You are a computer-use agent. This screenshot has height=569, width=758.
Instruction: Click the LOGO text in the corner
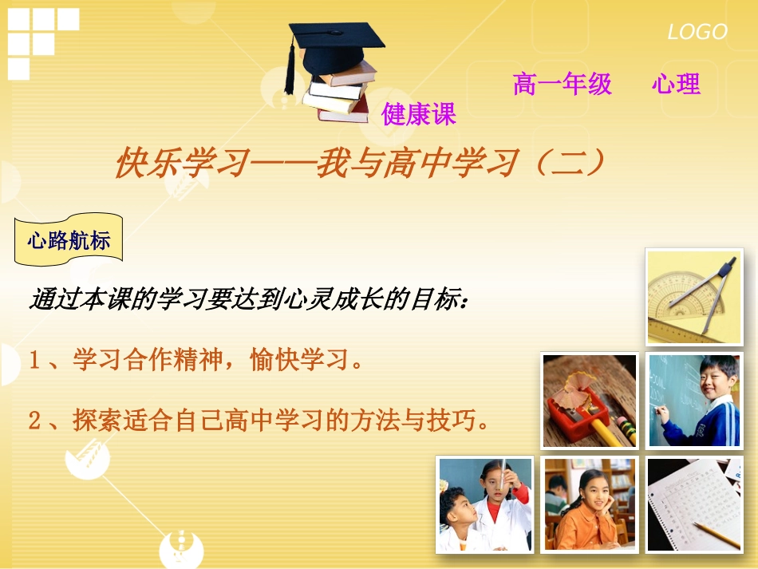697,32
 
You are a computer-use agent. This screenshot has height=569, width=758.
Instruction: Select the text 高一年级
563,84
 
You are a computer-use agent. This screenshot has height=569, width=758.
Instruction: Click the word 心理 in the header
676,84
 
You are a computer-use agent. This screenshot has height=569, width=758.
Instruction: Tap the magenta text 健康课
419,114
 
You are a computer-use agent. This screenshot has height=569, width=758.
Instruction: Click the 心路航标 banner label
69,239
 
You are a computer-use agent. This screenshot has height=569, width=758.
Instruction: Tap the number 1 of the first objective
35,361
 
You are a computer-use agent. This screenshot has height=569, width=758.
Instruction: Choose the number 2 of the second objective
35,421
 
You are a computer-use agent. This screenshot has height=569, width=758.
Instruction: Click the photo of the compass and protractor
693,296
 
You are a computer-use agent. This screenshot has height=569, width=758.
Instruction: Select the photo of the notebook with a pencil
693,504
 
